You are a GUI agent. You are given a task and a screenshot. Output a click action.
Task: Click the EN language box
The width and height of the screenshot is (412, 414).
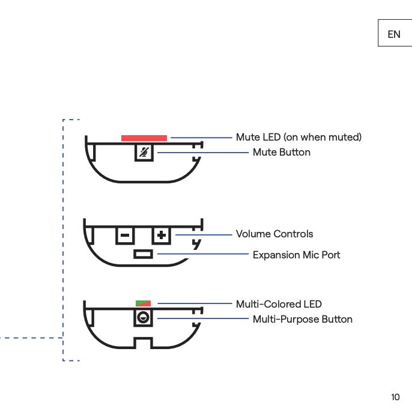(x=394, y=34)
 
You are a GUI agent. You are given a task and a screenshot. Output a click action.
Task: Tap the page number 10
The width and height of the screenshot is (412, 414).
(x=395, y=397)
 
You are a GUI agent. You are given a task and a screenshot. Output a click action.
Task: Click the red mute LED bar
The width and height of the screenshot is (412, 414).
(x=144, y=138)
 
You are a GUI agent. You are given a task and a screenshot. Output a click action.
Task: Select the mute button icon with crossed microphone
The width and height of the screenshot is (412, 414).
(x=144, y=153)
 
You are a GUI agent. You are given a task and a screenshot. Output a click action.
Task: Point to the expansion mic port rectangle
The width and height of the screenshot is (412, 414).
(x=144, y=254)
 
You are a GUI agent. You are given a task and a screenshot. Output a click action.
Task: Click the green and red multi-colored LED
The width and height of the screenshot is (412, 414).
(x=144, y=303)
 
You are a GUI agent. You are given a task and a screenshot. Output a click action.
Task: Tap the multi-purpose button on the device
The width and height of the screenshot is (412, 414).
(x=143, y=318)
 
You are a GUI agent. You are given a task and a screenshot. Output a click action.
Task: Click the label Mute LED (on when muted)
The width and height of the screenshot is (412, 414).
(x=298, y=138)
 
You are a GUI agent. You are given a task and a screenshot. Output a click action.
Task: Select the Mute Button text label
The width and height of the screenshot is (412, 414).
(x=281, y=153)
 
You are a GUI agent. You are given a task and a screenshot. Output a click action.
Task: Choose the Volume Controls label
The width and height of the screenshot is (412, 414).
(x=274, y=234)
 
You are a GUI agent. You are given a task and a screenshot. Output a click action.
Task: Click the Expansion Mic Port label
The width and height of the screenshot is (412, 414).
(x=296, y=255)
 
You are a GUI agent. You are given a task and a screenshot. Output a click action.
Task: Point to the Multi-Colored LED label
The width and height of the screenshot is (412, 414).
(x=279, y=304)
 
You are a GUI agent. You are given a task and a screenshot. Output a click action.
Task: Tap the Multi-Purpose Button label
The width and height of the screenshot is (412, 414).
(x=302, y=319)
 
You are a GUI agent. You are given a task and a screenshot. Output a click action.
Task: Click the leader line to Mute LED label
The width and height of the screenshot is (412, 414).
(x=201, y=138)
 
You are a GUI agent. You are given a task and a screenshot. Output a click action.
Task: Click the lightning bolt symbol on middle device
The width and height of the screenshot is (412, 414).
(x=196, y=244)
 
